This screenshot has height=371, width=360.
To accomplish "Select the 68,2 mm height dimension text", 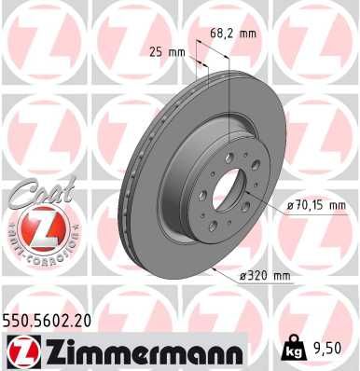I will point(232,34).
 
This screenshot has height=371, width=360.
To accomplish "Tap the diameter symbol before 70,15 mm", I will point(282,204).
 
